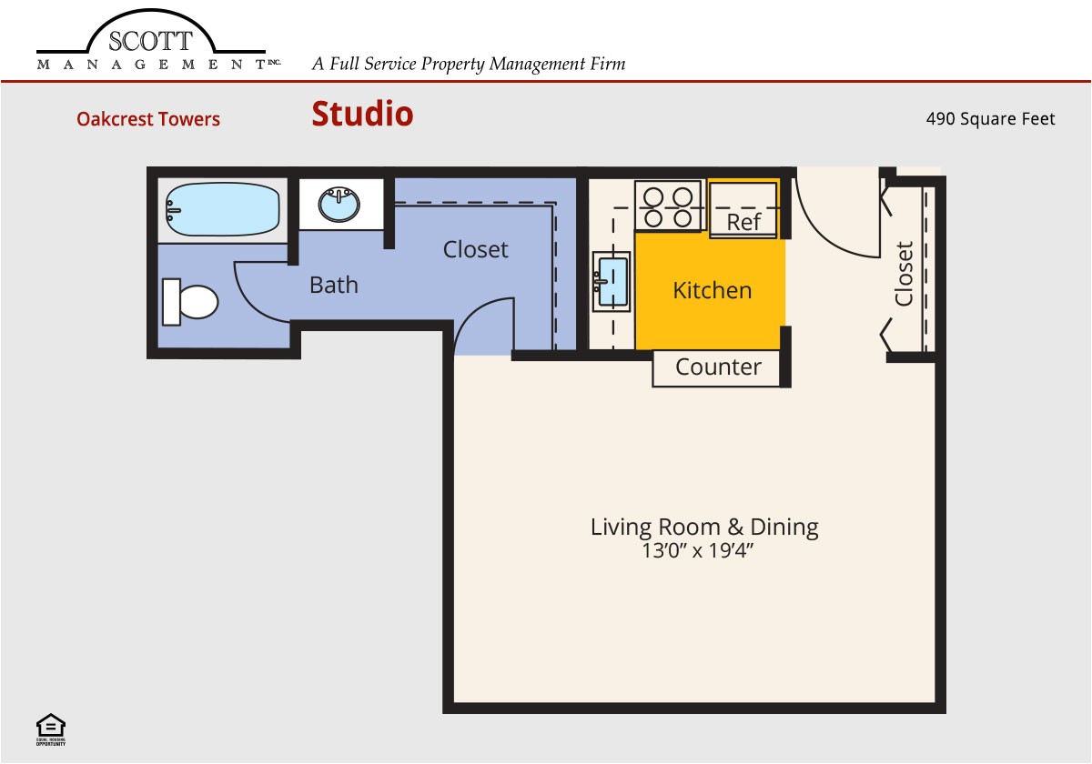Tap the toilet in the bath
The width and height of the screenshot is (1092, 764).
[x=190, y=302]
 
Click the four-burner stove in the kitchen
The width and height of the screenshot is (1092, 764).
[x=668, y=206]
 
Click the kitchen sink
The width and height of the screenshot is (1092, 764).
[x=611, y=281]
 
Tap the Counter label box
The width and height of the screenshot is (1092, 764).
[x=718, y=367]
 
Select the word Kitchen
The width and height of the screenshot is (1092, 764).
[x=712, y=290]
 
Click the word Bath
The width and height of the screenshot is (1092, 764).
[x=333, y=285]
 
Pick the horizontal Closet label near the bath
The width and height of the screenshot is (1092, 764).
[x=475, y=249]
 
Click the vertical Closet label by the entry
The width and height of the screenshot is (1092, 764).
[x=904, y=274]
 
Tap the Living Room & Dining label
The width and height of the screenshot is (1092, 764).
[x=704, y=527]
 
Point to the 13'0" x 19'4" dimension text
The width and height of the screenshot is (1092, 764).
[x=699, y=551]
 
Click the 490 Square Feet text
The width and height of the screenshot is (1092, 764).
[x=990, y=118]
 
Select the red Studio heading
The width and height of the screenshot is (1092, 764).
[x=362, y=115]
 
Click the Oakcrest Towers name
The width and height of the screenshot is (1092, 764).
[x=148, y=119]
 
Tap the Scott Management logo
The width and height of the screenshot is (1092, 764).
[x=151, y=45]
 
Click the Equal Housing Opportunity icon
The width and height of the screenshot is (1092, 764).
[x=50, y=729]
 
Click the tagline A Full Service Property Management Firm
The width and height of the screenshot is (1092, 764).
[x=469, y=64]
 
